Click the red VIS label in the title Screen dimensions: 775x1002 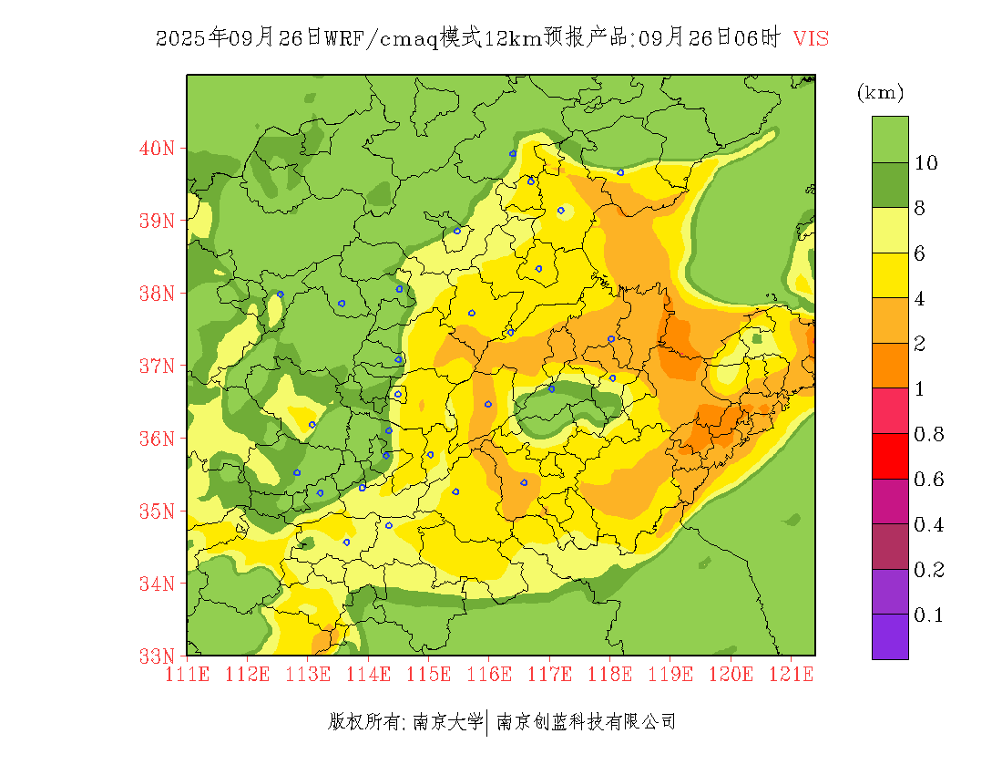[x=811, y=38]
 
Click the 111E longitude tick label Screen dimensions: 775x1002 [x=188, y=675]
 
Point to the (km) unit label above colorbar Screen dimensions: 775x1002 [x=880, y=92]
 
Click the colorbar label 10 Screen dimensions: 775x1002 [x=926, y=163]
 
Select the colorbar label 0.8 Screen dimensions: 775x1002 [x=929, y=434]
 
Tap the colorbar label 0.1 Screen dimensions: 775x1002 [x=929, y=615]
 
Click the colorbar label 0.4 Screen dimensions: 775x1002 [x=929, y=525]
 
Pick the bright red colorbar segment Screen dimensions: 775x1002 [x=890, y=457]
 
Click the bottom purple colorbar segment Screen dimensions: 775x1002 [x=890, y=636]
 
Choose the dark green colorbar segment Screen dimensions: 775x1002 [x=890, y=185]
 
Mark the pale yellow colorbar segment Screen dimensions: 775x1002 [x=890, y=231]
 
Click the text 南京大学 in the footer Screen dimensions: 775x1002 [x=447, y=722]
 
